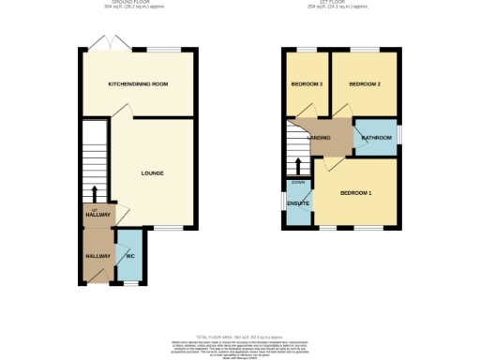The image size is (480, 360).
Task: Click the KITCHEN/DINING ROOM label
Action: tap(138, 84)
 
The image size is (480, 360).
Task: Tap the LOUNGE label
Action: tap(153, 173)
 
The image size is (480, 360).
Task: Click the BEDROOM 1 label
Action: tap(356, 193)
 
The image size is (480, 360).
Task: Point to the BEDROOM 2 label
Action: tap(365, 84)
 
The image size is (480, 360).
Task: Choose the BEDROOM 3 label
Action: tap(307, 84)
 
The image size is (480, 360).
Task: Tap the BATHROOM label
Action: tap(377, 140)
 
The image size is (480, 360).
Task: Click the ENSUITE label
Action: tap(298, 203)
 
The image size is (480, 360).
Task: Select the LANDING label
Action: tap(330, 139)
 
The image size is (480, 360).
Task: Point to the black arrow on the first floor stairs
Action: tap(297, 167)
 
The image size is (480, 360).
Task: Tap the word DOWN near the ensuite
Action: tap(298, 182)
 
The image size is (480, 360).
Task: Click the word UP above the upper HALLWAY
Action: tap(95, 209)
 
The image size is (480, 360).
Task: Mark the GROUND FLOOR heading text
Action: tap(137, 4)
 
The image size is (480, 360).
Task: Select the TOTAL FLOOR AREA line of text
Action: tap(239, 336)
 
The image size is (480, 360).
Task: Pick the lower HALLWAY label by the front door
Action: tap(98, 256)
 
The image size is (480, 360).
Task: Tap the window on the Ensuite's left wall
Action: tap(286, 203)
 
